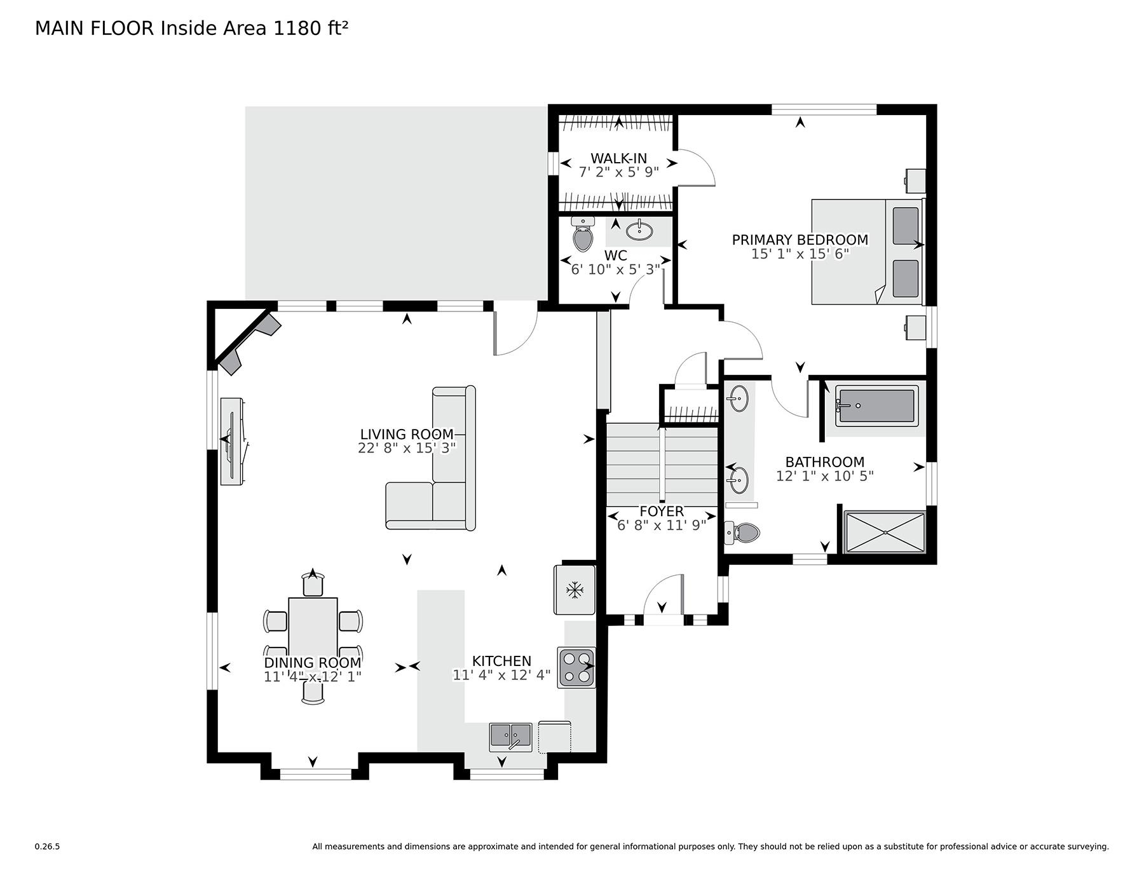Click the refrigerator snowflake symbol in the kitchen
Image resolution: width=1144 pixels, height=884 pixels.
pyautogui.click(x=575, y=590)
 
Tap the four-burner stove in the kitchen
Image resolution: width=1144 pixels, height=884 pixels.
pyautogui.click(x=576, y=667)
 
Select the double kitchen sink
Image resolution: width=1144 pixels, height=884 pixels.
pyautogui.click(x=510, y=737)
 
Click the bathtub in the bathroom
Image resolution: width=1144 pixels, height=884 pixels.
pyautogui.click(x=876, y=405)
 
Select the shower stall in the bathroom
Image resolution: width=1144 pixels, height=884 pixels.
pyautogui.click(x=885, y=533)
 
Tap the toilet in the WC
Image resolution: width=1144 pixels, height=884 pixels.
pyautogui.click(x=583, y=233)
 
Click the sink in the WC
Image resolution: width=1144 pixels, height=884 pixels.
pyautogui.click(x=639, y=230)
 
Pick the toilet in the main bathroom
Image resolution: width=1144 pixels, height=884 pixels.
pyautogui.click(x=742, y=533)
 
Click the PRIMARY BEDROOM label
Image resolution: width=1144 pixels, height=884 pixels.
pyautogui.click(x=800, y=240)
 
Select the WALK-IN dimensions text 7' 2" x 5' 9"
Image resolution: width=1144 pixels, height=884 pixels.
pyautogui.click(x=618, y=172)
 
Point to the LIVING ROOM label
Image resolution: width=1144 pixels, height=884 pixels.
pyautogui.click(x=407, y=434)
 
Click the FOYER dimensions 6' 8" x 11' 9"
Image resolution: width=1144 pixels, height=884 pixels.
pyautogui.click(x=662, y=525)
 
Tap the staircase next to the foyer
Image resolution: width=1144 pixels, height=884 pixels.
pyautogui.click(x=662, y=465)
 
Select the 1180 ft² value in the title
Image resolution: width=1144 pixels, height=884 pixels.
pyautogui.click(x=310, y=28)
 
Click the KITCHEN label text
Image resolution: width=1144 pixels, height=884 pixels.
pyautogui.click(x=501, y=661)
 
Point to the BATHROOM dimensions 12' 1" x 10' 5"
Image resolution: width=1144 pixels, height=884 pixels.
pyautogui.click(x=825, y=476)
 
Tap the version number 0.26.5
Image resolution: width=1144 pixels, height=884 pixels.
pyautogui.click(x=47, y=847)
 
